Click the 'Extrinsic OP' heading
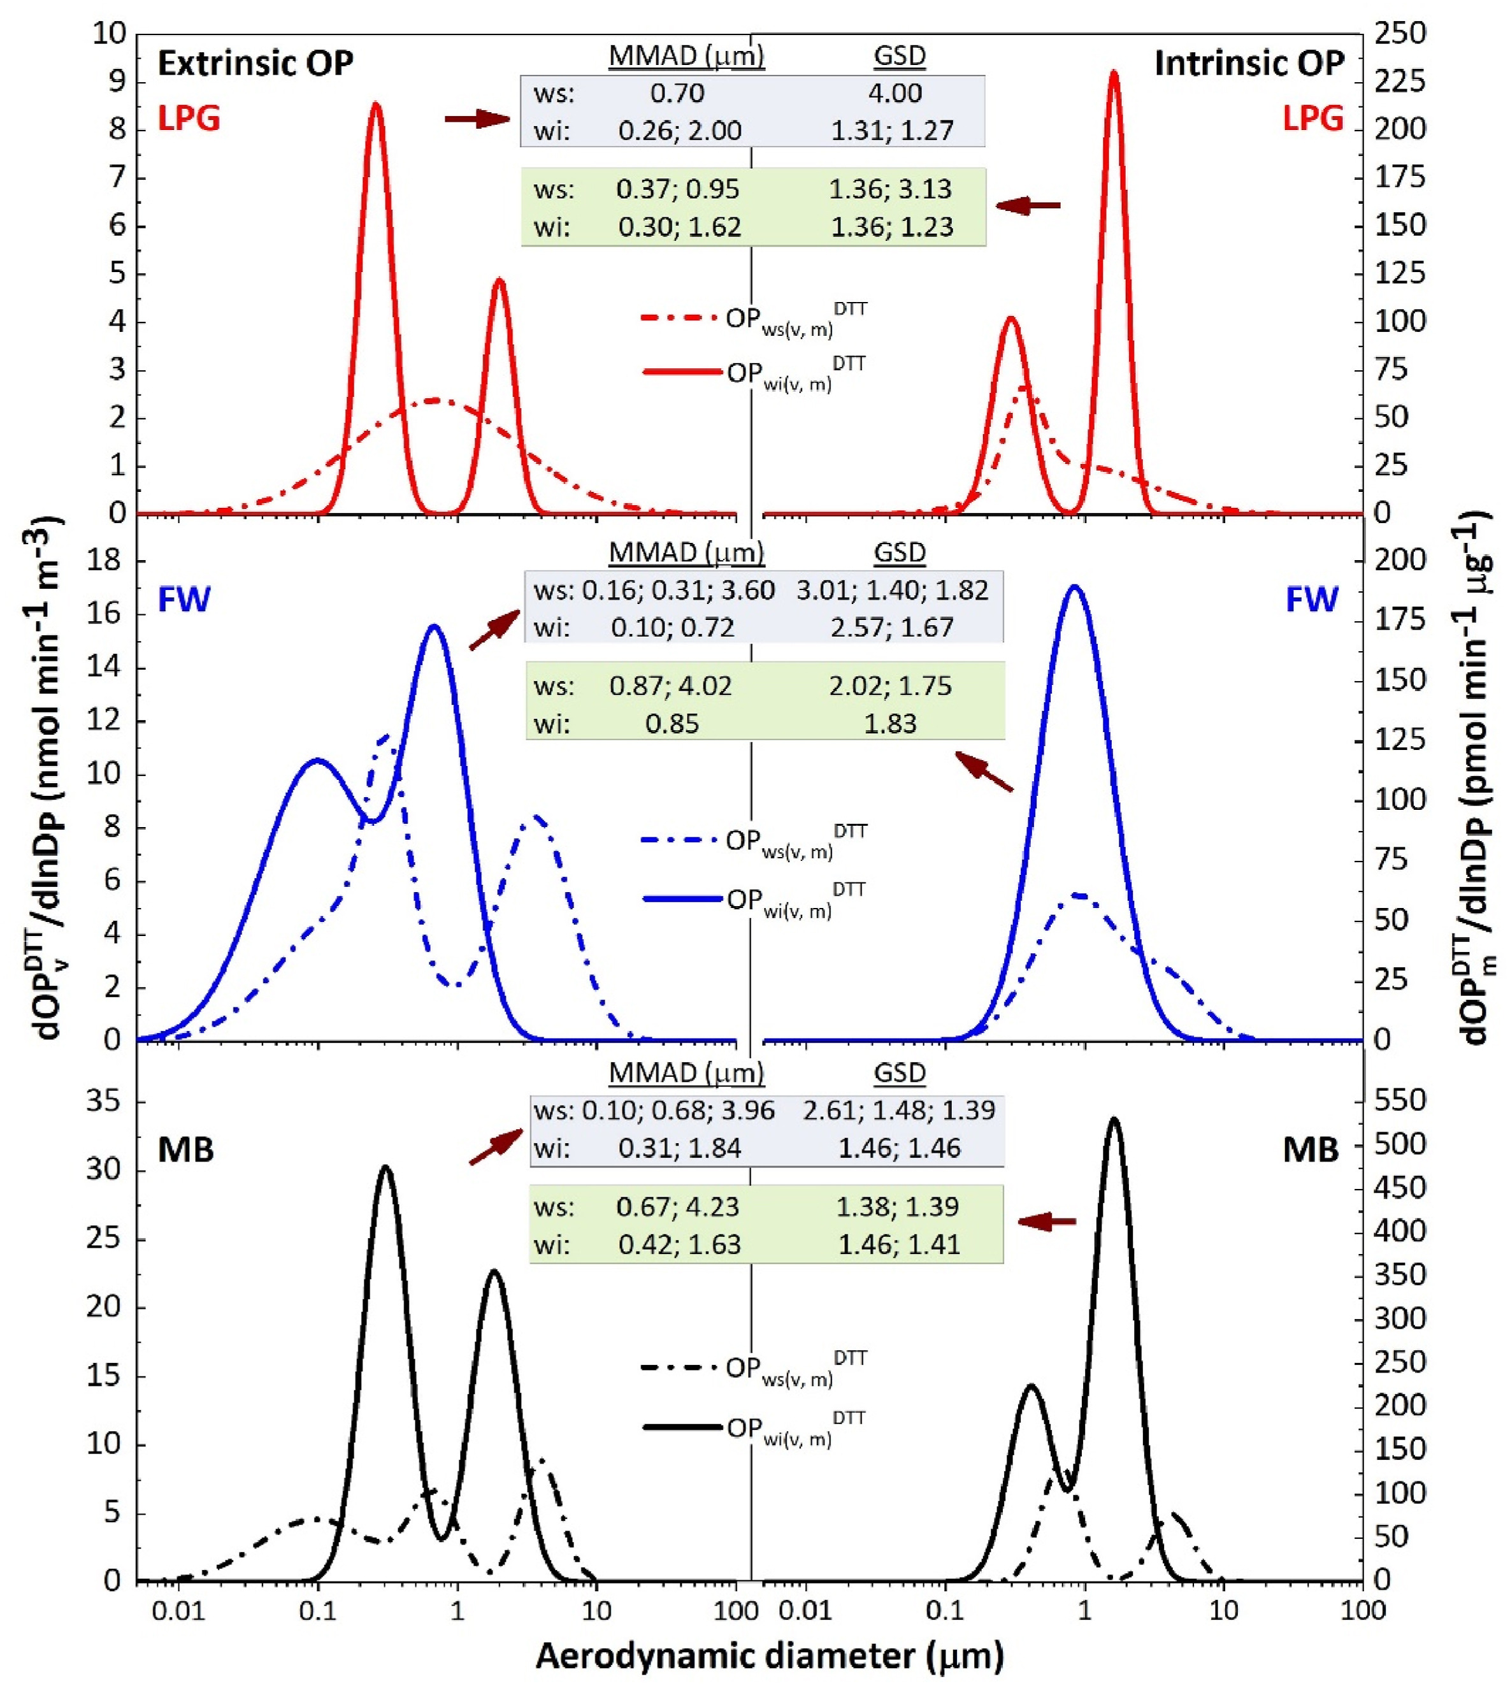coord(255,64)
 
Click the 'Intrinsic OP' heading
coord(1249,64)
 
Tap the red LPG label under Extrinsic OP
coord(189,119)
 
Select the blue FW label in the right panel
coord(1312,599)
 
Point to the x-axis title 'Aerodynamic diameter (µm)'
coord(769,1655)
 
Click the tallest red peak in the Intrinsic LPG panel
coord(1114,75)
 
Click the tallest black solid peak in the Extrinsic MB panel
coord(385,1168)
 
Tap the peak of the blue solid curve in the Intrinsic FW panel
coord(1075,587)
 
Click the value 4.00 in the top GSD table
coord(895,93)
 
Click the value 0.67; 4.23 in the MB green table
coord(678,1206)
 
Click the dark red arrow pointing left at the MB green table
coord(1046,1221)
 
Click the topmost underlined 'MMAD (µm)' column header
coord(686,55)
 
